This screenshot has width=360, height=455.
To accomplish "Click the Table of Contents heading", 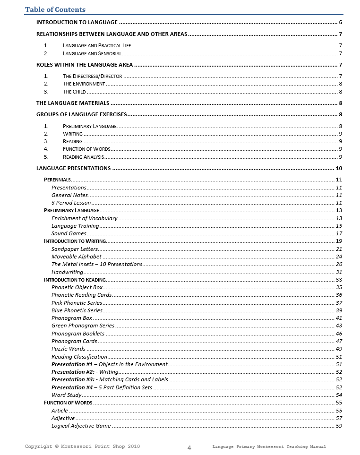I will [x=55, y=9].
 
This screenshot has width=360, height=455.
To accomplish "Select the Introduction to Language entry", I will [x=77, y=22].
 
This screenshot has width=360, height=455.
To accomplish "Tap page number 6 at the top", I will [x=341, y=22].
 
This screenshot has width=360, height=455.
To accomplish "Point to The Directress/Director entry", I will [x=92, y=76].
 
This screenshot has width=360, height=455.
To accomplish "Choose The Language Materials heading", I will [x=73, y=103].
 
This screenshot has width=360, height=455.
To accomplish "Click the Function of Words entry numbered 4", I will [x=86, y=149].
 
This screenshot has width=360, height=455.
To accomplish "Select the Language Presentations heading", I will [x=74, y=168].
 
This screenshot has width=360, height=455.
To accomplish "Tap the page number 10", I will [x=339, y=168].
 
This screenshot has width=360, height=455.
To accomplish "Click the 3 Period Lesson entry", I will [x=71, y=203].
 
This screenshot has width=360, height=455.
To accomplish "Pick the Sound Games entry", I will [x=69, y=233].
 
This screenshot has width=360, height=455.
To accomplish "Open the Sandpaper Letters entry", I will [x=75, y=249].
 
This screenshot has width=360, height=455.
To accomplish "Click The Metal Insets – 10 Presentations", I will [x=97, y=264].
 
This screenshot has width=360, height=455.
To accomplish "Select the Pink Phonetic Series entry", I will [x=77, y=303].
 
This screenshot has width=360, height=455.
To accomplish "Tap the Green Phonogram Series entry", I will [x=83, y=326].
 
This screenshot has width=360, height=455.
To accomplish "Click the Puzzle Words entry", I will [x=69, y=349].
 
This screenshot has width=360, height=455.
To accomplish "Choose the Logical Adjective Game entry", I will [x=81, y=426].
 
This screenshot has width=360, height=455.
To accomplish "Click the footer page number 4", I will [x=189, y=448].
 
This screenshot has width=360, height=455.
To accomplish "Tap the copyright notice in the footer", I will [x=82, y=446].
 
